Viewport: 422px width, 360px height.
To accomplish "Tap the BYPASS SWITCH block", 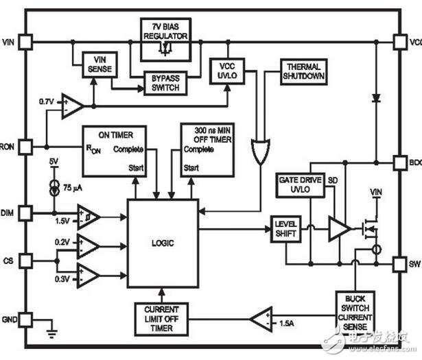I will pos(162,83).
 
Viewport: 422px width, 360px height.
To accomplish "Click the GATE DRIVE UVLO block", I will pos(299,184).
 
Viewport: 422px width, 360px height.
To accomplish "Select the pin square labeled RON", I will pos(25,146).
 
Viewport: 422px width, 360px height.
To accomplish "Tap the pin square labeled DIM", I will pos(25,214).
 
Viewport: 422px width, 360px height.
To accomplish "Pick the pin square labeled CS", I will pos(25,260).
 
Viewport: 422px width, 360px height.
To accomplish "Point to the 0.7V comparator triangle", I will pos(72,106).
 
